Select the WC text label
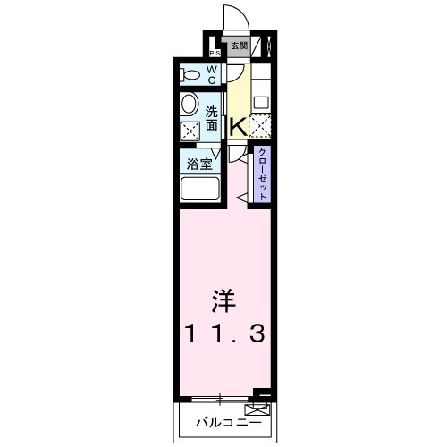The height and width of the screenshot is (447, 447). coord(214,74)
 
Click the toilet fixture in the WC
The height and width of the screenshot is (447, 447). coord(190,73)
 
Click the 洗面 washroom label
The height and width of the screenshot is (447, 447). coord(212,119)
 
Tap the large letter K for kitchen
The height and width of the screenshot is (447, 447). coord(239,127)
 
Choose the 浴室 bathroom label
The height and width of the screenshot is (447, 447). coord(199,164)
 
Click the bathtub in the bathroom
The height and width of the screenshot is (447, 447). coord(199,190)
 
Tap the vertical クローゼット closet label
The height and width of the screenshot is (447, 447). coord(263,174)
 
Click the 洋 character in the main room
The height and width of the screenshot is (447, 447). coord(223,299)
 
